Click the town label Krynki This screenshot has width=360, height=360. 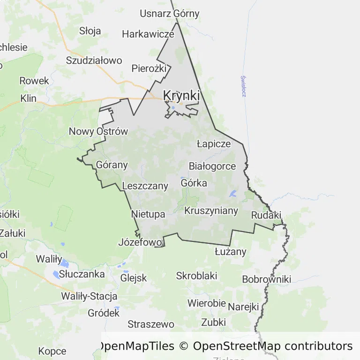coord(181,96)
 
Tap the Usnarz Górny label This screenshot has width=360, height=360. coord(169,14)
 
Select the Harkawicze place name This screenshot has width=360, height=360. coord(148,34)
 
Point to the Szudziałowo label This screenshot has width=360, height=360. coord(94,60)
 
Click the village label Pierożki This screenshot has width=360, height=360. coord(149,68)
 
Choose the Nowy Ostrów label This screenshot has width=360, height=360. coord(98,131)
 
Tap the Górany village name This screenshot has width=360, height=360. coord(112,165)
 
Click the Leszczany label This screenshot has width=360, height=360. coord(145,186)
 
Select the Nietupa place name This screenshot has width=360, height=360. coord(148,214)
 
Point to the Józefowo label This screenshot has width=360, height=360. coord(140,242)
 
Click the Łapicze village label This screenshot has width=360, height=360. coord(214,143)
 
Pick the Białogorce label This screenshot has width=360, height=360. coord(212,166)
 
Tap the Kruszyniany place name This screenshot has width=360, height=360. coord(211,211)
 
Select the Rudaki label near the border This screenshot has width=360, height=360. coord(266,215)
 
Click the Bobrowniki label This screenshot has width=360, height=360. coord(266,279)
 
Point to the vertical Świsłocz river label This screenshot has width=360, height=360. coord(243,86)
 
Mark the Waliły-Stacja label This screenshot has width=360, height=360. coord(89,296)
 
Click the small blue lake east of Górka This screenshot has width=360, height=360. coord(233,194)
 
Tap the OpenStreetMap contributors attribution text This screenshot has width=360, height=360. coord(272,346)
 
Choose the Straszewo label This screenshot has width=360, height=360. coord(150,324)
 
